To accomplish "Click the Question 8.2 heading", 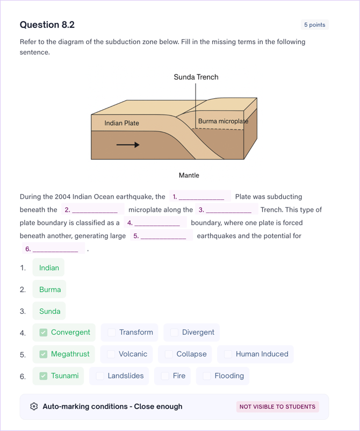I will [47, 25].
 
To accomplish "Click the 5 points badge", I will [314, 25].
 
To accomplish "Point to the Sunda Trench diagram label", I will [196, 77].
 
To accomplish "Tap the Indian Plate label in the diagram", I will [121, 123].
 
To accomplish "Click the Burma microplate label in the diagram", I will [223, 121].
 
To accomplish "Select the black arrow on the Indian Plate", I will [128, 145].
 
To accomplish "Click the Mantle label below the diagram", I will [189, 175].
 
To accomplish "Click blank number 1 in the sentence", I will [200, 197].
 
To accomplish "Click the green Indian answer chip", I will [49, 268].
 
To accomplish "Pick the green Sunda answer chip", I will [49, 311].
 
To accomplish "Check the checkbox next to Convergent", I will [44, 333].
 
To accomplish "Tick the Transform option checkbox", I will [112, 333].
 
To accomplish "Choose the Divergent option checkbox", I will [174, 333].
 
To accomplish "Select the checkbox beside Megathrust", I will [44, 354].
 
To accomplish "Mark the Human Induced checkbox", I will [228, 354].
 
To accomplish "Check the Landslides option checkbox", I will [100, 376].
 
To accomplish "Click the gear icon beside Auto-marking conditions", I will [34, 407].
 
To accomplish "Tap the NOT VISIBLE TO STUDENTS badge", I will [277, 407].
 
